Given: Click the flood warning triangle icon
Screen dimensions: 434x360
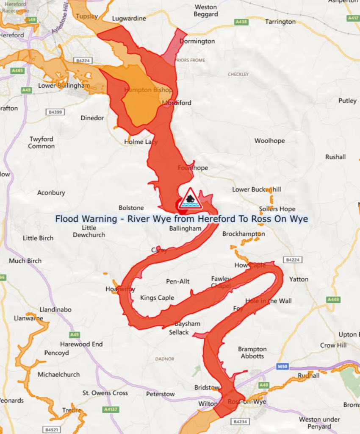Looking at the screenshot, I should [x=190, y=198].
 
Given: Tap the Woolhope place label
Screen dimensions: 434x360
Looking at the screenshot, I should [x=269, y=141].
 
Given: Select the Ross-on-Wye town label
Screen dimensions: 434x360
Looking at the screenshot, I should [x=246, y=402].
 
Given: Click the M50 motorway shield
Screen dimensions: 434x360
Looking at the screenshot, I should [x=282, y=366].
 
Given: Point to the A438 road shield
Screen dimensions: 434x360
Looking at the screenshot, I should [x=241, y=21].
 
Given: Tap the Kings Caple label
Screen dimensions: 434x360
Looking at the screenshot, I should [x=157, y=298].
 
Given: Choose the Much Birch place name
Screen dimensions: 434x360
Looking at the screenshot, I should [x=25, y=261].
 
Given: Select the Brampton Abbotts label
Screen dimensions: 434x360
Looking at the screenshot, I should [x=252, y=352].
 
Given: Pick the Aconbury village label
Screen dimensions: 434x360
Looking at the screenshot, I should [x=51, y=192].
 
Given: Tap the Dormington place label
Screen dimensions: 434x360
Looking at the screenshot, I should [x=197, y=41].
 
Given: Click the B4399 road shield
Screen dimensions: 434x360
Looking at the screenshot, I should [x=55, y=112].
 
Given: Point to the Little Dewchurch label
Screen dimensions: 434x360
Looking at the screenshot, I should [x=89, y=231].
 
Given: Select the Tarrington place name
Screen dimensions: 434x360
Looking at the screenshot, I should [x=280, y=21].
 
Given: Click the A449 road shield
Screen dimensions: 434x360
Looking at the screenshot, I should [x=333, y=299].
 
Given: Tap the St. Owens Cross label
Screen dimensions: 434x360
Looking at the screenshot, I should [x=105, y=393].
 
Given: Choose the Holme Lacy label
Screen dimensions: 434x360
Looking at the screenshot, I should [x=141, y=142].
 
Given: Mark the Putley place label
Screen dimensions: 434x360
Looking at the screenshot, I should [x=347, y=100].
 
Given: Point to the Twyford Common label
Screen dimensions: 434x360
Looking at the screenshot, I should [x=42, y=142].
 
